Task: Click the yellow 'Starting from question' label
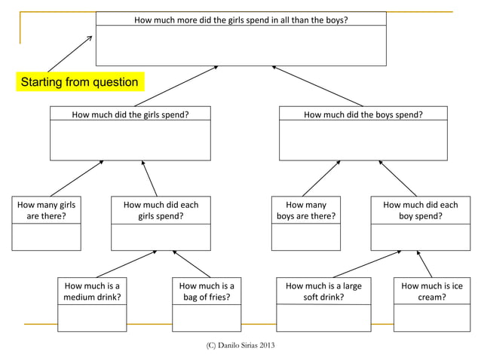[x=79, y=82]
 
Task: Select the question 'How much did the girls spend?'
[x=130, y=115]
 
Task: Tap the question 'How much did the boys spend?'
[x=363, y=115]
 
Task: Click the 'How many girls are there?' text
[x=46, y=210]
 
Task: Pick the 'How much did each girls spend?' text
[x=161, y=210]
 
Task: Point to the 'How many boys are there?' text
[x=305, y=210]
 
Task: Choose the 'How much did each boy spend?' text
[x=420, y=210]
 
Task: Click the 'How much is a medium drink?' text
[x=92, y=291]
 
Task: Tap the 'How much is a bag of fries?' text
[x=206, y=291]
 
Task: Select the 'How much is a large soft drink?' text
[x=323, y=291]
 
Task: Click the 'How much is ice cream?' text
[x=431, y=291]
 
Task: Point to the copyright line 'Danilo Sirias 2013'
[x=240, y=345]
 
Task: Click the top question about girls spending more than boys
[x=240, y=20]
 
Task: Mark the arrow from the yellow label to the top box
[x=69, y=53]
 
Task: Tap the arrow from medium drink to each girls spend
[x=126, y=264]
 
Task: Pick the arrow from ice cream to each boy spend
[x=424, y=264]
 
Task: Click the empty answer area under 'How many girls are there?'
[x=46, y=237]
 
